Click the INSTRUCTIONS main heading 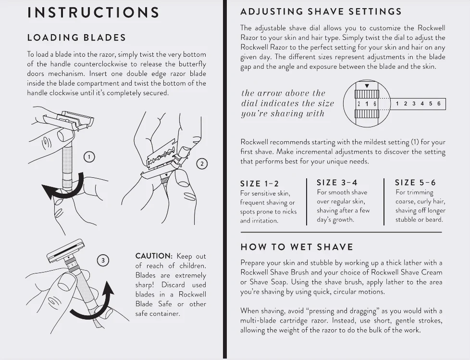coord(93,12)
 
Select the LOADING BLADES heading coord(76,37)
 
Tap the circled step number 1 coord(89,157)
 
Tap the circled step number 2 coord(202,163)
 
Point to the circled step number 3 coord(103,261)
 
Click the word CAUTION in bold coord(153,256)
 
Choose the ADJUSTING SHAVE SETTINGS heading coord(321,12)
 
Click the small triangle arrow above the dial coord(367,86)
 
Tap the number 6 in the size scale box coord(439,104)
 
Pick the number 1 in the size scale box coord(398,104)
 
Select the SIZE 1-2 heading coord(259,184)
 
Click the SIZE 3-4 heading coord(337,182)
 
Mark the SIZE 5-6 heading coord(415,182)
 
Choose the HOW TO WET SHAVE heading coord(297,247)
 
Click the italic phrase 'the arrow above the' coord(283,93)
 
